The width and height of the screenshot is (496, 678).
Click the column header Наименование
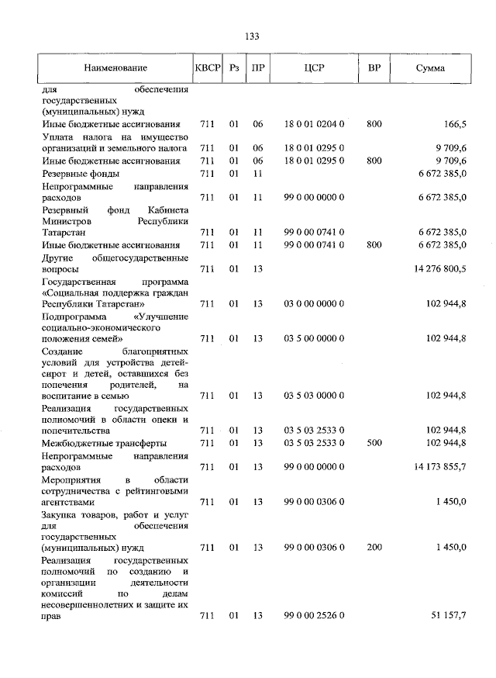click(116, 69)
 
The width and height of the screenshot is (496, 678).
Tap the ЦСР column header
click(315, 69)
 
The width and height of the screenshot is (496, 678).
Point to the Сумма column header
click(430, 69)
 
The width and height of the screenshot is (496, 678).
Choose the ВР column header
click(374, 69)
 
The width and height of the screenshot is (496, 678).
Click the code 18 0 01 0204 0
click(314, 124)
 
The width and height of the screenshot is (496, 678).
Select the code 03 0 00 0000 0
click(314, 305)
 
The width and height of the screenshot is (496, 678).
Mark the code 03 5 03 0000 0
click(314, 396)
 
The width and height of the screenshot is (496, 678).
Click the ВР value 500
click(374, 443)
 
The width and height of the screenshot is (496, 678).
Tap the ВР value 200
click(374, 548)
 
